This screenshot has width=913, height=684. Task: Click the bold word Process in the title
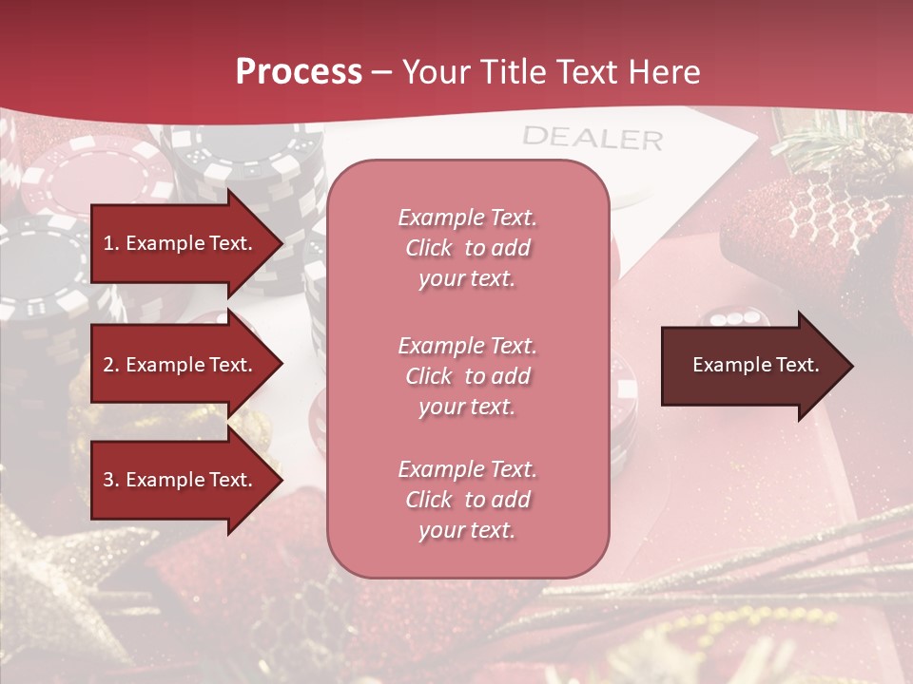point(299,72)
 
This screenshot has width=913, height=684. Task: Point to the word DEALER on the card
point(592,138)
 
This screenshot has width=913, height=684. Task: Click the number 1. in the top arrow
point(111,243)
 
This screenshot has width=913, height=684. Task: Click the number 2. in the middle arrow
point(111,365)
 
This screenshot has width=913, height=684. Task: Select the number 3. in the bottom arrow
point(111,480)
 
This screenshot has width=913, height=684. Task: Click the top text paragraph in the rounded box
point(467,248)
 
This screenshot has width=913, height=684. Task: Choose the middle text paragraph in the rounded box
point(467,376)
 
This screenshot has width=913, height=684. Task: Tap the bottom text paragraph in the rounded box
point(467,500)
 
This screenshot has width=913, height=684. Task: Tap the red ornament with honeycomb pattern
point(823,218)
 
